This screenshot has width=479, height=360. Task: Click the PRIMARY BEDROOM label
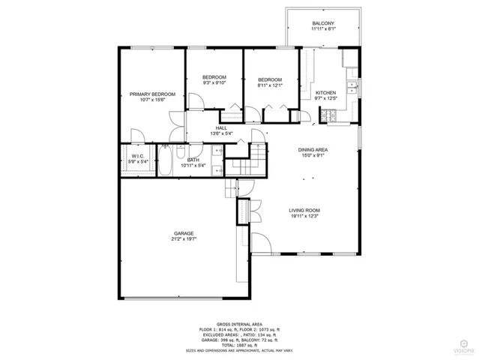152,94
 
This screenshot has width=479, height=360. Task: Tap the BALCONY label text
324,24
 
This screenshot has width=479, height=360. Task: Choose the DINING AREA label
313,149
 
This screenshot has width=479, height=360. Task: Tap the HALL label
221,128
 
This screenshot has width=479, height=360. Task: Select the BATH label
193,160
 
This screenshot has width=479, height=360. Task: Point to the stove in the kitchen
328,115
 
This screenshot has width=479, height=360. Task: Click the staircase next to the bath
247,162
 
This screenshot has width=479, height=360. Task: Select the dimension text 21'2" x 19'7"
184,240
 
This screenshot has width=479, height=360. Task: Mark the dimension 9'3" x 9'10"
214,83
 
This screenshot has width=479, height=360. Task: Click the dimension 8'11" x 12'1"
269,85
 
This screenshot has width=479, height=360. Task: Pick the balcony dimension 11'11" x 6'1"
324,30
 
